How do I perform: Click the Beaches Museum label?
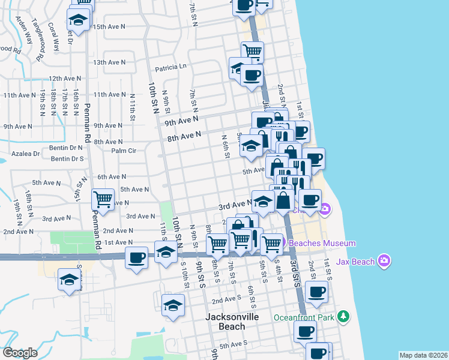322,243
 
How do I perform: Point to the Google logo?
20,353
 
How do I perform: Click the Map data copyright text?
423,355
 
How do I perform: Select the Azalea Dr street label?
28,154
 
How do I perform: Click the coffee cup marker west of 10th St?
137,257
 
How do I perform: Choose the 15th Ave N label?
109,27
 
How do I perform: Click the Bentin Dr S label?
67,159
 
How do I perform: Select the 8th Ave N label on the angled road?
184,137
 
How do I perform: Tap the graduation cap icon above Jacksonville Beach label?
173,304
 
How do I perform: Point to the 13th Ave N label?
109,62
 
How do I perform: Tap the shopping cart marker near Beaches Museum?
271,243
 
